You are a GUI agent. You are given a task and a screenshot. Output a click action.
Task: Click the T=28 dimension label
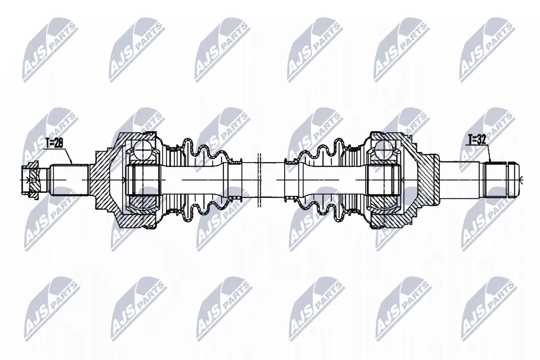pyautogui.click(x=54, y=143)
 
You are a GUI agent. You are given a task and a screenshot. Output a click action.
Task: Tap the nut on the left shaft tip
pyautogui.click(x=30, y=181)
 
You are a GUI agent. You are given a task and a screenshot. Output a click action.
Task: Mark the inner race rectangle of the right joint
pyautogui.click(x=384, y=180)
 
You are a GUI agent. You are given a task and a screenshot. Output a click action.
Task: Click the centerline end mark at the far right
pyautogui.click(x=523, y=180)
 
